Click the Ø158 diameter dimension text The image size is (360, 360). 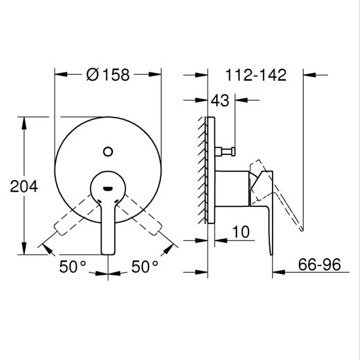[108, 75]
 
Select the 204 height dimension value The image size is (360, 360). [24, 186]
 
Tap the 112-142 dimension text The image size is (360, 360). [256, 75]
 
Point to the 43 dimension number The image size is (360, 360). [220, 101]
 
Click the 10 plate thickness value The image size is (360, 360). [241, 232]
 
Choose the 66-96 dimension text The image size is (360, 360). [319, 264]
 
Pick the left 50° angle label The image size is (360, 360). [73, 266]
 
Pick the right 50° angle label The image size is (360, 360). [145, 266]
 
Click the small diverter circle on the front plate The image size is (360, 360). [108, 152]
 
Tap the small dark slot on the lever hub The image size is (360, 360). [108, 189]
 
